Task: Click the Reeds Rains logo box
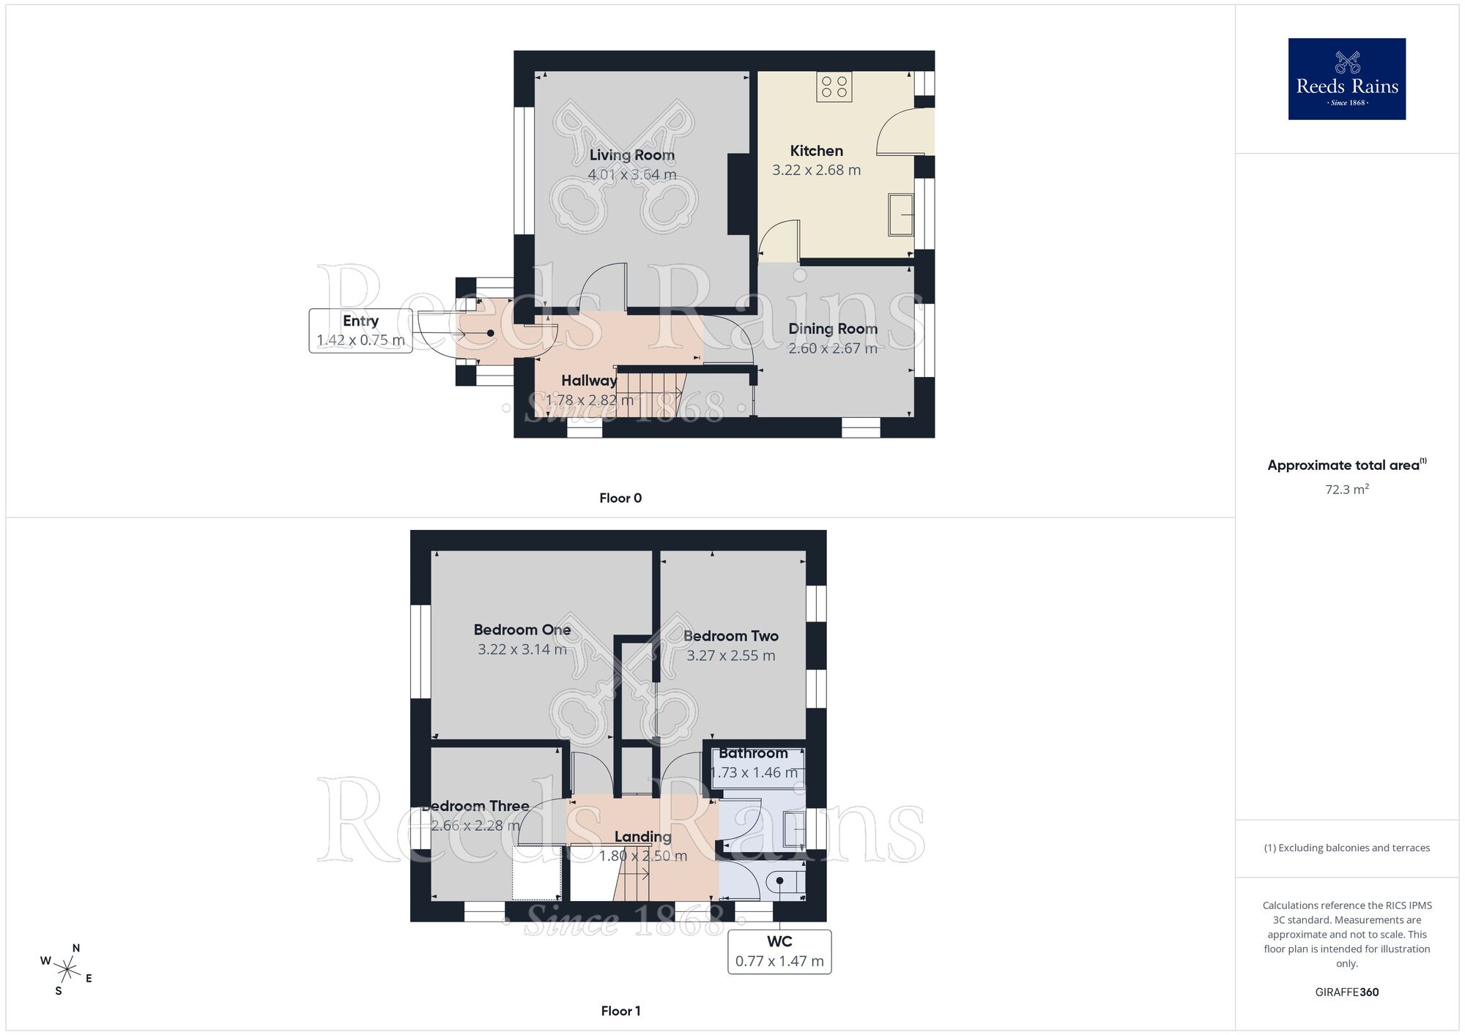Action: [1346, 79]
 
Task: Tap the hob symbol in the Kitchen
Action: [834, 86]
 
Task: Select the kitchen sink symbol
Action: [900, 214]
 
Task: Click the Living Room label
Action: [631, 155]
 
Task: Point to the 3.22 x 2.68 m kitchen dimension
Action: [816, 171]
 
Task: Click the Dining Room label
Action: [832, 329]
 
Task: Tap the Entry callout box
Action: [360, 331]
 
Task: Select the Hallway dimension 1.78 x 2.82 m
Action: [589, 400]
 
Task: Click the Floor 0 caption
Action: [620, 498]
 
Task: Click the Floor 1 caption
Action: [620, 1011]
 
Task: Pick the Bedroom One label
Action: [522, 629]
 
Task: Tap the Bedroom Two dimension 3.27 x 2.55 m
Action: [730, 656]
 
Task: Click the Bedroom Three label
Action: [476, 806]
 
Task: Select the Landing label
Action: [642, 837]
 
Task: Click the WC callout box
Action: [779, 952]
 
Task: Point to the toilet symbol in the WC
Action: [781, 882]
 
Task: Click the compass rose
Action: [67, 971]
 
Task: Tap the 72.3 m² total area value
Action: [1346, 489]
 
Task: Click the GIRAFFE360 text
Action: [1346, 993]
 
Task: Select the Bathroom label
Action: [753, 753]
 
